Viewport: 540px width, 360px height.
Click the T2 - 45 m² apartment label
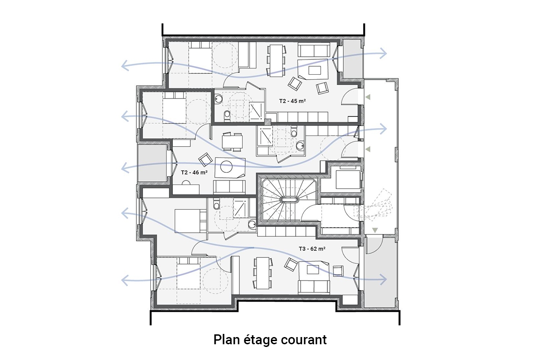pyautogui.click(x=292, y=101)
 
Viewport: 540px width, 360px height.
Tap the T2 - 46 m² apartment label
pyautogui.click(x=194, y=172)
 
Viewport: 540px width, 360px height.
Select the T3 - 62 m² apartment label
pyautogui.click(x=312, y=248)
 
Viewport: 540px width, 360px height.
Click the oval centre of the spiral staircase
pyautogui.click(x=290, y=200)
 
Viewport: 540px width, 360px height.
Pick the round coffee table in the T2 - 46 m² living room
pyautogui.click(x=226, y=166)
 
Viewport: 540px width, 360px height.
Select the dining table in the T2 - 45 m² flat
pyautogui.click(x=276, y=60)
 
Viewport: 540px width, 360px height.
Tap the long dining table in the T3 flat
pyautogui.click(x=263, y=273)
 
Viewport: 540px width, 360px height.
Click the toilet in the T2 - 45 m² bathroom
pyautogui.click(x=227, y=116)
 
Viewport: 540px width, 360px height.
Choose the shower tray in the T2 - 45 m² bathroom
pyautogui.click(x=256, y=111)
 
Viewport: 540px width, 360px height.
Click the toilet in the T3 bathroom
pyautogui.click(x=216, y=203)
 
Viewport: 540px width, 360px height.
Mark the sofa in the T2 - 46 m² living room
pyautogui.click(x=229, y=187)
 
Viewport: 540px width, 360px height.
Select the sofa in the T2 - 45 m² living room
pyautogui.click(x=314, y=50)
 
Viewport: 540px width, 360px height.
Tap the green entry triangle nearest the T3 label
pyautogui.click(x=374, y=230)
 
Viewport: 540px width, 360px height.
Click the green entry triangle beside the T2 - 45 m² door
pyautogui.click(x=368, y=97)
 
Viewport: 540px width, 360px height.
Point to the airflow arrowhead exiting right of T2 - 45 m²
pyautogui.click(x=383, y=53)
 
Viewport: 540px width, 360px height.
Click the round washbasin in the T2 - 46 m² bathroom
pyautogui.click(x=300, y=146)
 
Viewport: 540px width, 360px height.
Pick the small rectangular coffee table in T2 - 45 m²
pyautogui.click(x=315, y=70)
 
